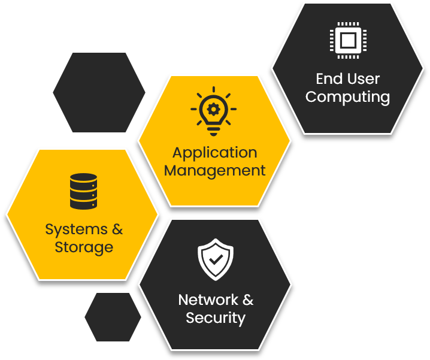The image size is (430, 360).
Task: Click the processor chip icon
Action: click(x=347, y=41)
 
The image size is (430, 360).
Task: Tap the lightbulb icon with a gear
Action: click(x=214, y=111)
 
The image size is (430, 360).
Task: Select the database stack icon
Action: click(x=83, y=191)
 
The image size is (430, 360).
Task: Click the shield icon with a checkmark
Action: click(x=215, y=259)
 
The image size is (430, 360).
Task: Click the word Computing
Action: click(x=347, y=97)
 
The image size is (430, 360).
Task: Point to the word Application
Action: click(x=214, y=153)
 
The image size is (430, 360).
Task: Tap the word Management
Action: click(x=214, y=171)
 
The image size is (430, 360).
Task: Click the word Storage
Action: click(x=84, y=247)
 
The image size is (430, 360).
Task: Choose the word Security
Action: click(x=215, y=317)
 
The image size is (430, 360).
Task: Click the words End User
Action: click(x=347, y=79)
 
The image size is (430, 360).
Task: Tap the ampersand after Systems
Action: click(x=117, y=229)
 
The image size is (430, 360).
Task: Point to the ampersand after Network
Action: click(x=248, y=300)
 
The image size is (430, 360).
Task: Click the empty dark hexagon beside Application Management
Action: click(x=99, y=92)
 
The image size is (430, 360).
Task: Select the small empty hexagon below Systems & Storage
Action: click(x=113, y=317)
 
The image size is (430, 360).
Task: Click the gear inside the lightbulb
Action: click(x=214, y=108)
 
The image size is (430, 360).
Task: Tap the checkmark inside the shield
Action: click(x=215, y=260)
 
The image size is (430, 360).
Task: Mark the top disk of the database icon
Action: click(x=83, y=179)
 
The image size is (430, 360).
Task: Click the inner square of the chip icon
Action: click(x=347, y=41)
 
